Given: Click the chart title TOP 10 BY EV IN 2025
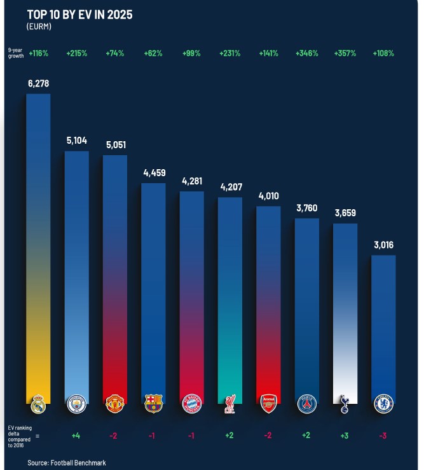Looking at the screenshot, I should click(x=79, y=15).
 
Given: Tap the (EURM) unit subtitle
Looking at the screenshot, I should click(x=39, y=27).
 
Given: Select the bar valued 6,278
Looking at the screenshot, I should click(x=38, y=248).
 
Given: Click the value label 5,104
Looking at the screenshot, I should click(x=77, y=140).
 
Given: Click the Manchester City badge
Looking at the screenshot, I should click(x=77, y=403).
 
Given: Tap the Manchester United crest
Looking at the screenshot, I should click(x=115, y=403).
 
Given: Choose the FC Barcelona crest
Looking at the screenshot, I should click(x=153, y=403).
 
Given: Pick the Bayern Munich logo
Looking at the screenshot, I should click(x=191, y=403).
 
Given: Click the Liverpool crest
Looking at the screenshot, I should click(x=229, y=404).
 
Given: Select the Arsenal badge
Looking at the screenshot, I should click(x=268, y=403).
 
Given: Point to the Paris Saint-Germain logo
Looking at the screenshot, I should click(x=306, y=403).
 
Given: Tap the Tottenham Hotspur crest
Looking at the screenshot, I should click(x=345, y=403).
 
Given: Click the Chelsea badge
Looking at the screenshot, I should click(x=383, y=403).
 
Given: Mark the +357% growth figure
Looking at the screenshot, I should click(x=345, y=53).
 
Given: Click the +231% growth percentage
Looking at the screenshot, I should click(x=229, y=53).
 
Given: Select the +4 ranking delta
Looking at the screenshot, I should click(x=77, y=436).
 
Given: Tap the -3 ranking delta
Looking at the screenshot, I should click(x=383, y=436).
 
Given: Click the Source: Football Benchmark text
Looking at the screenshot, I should click(x=66, y=462).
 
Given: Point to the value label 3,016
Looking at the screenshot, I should click(x=383, y=244).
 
